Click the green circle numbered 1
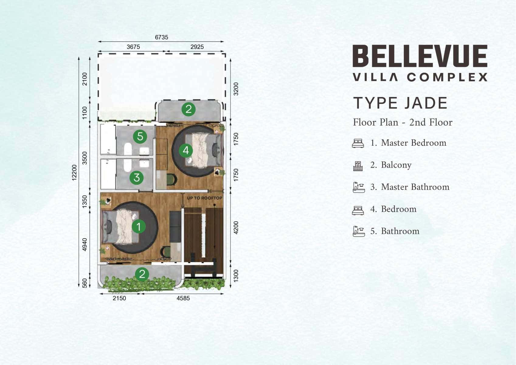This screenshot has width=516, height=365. pos(139,227)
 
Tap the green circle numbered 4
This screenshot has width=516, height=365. pos(186,151)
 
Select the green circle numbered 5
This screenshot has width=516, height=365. pos(140,136)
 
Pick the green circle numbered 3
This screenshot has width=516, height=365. pos(137,178)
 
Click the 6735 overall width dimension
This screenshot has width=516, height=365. pos(161,37)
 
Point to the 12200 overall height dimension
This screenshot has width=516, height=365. pos(74,172)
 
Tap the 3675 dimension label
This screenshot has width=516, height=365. pos(133,47)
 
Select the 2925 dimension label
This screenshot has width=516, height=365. pos(197,47)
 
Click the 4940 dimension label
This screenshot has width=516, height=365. pos(85,245)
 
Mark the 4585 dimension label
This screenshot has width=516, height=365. pos(183,298)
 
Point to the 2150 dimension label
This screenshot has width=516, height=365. pos(119,298)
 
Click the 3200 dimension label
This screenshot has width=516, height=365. pos(236,89)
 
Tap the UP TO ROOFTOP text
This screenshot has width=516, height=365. pos(205,198)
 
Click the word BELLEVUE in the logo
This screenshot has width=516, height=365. pos(420,56)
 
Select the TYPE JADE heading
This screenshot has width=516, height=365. pos(400,103)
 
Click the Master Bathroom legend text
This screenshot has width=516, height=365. pos(415,187)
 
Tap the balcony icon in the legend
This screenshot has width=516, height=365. pos(358,166)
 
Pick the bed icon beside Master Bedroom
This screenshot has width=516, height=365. pos(358,143)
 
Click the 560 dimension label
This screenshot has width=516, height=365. pos(85,283)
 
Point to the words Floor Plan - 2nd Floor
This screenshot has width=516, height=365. pos(403,122)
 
